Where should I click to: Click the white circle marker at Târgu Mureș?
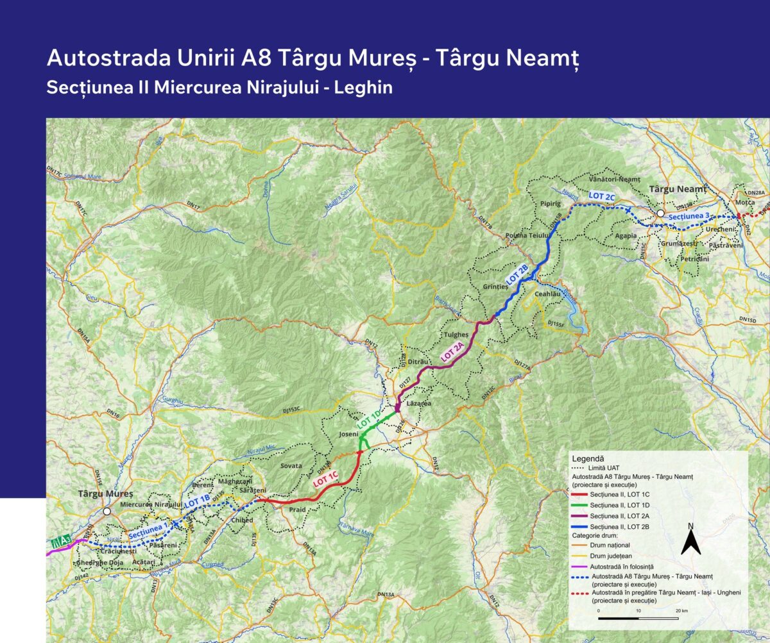pyautogui.click(x=107, y=511)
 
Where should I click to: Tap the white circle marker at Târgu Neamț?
pyautogui.click(x=660, y=214)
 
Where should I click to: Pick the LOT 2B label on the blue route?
pyautogui.click(x=517, y=274)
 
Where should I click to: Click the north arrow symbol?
pyautogui.click(x=690, y=540)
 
